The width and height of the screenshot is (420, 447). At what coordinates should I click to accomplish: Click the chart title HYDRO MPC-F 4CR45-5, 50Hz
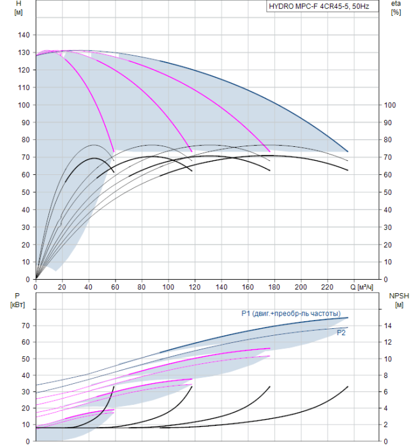click(319, 6)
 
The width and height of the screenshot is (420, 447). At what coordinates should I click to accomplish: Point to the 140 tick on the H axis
click(24, 35)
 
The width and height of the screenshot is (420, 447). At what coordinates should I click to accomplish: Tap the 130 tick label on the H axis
click(24, 53)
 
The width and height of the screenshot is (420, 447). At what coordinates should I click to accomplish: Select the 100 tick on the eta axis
click(390, 105)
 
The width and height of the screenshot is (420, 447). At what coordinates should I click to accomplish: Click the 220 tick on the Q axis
click(327, 287)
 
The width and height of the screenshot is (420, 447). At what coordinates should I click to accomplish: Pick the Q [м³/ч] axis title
click(361, 287)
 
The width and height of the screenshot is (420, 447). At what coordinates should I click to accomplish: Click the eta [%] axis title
click(396, 8)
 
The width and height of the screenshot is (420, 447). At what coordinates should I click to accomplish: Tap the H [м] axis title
click(19, 8)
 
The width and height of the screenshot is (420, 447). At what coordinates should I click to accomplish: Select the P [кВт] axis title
click(17, 301)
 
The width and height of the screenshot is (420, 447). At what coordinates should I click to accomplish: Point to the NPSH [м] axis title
click(399, 301)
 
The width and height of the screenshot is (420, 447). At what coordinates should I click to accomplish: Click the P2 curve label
click(341, 333)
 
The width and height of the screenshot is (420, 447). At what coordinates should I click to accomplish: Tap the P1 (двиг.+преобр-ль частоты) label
click(291, 314)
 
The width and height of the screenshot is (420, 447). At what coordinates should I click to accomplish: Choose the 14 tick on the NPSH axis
click(387, 326)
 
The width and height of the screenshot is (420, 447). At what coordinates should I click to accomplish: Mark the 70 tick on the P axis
click(26, 326)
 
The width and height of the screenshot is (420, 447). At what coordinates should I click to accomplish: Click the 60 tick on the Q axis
click(115, 287)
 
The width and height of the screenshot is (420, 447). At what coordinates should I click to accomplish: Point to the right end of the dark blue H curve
click(348, 151)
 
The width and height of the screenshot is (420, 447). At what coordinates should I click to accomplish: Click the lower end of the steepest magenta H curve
click(114, 152)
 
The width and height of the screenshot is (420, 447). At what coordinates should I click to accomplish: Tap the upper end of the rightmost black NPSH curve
click(348, 387)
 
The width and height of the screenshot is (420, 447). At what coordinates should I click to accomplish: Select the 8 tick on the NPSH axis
click(386, 375)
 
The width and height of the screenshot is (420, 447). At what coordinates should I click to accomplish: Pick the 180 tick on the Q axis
click(274, 287)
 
